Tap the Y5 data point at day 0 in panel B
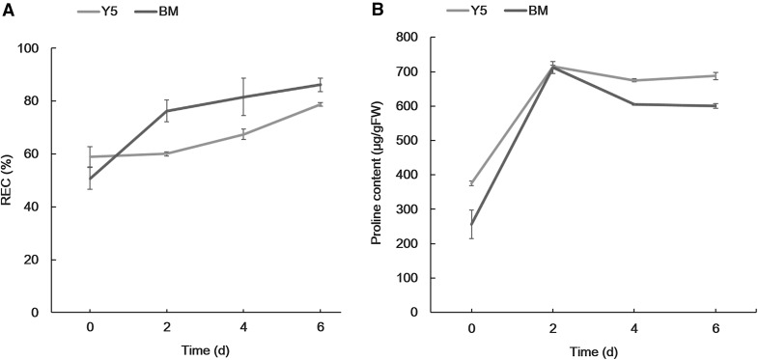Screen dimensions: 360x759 471,183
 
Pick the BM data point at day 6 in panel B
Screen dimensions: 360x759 716,106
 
